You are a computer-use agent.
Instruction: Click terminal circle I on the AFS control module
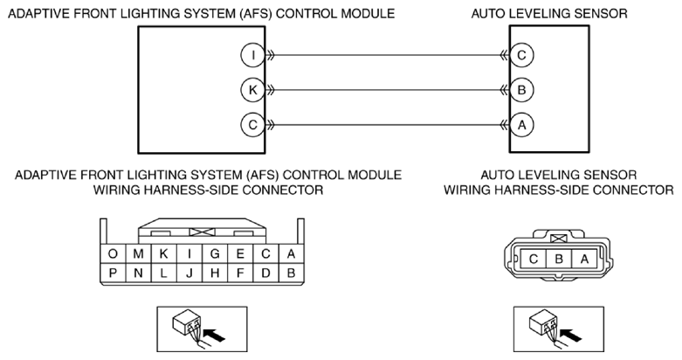pyautogui.click(x=252, y=55)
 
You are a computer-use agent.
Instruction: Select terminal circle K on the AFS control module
pyautogui.click(x=252, y=90)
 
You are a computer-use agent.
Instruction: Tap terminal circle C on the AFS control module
pyautogui.click(x=252, y=125)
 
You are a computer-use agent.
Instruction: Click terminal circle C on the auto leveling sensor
pyautogui.click(x=521, y=55)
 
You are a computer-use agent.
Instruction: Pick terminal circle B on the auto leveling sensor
pyautogui.click(x=521, y=90)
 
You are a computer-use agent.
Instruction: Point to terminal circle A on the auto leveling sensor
pyautogui.click(x=521, y=125)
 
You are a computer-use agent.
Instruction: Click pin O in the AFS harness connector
pyautogui.click(x=114, y=253)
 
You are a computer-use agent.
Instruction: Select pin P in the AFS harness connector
pyautogui.click(x=114, y=273)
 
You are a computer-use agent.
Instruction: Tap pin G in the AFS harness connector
pyautogui.click(x=215, y=253)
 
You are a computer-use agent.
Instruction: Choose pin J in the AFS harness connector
pyautogui.click(x=189, y=273)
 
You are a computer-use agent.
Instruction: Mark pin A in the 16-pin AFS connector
pyautogui.click(x=292, y=253)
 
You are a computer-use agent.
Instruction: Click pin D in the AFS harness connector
pyautogui.click(x=265, y=273)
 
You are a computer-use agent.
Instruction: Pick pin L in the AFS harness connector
pyautogui.click(x=164, y=273)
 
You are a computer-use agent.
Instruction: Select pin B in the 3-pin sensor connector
pyautogui.click(x=559, y=260)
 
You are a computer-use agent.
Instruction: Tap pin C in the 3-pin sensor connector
pyautogui.click(x=534, y=260)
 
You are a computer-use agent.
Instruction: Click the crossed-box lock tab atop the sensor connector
pyautogui.click(x=559, y=239)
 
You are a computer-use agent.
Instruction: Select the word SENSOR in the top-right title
pyautogui.click(x=601, y=13)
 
